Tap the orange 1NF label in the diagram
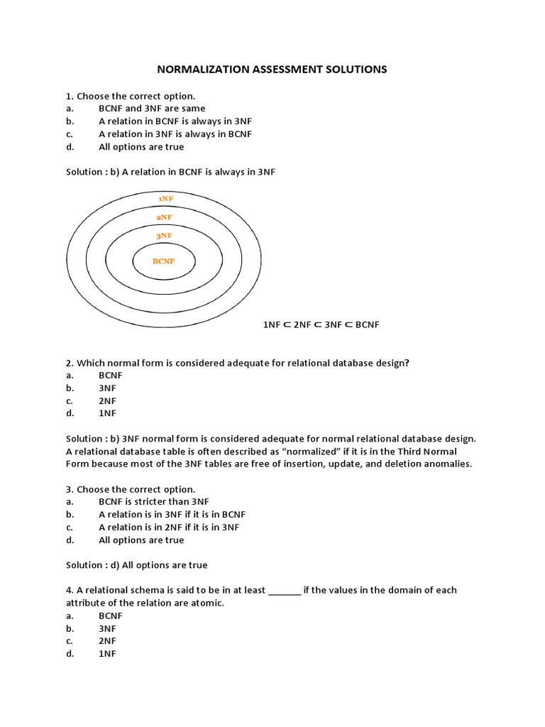pyautogui.click(x=166, y=199)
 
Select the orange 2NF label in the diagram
pyautogui.click(x=164, y=217)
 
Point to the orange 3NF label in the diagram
pyautogui.click(x=164, y=235)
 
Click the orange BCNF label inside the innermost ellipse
pyautogui.click(x=163, y=261)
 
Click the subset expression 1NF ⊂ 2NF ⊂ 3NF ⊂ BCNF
pyautogui.click(x=321, y=324)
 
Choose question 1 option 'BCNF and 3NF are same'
pyautogui.click(x=152, y=109)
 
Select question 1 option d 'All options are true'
pyautogui.click(x=141, y=147)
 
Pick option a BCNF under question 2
pyautogui.click(x=111, y=375)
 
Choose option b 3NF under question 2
pyautogui.click(x=108, y=388)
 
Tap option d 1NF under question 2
pyautogui.click(x=108, y=413)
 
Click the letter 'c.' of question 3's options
pyautogui.click(x=70, y=527)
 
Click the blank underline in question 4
pyautogui.click(x=285, y=591)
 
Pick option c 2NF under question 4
pyautogui.click(x=108, y=641)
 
